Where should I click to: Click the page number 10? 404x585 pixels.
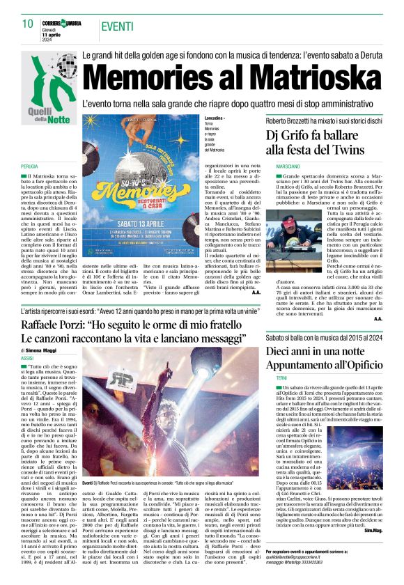[x=27, y=23]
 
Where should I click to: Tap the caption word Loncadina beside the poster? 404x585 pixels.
[x=215, y=119]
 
